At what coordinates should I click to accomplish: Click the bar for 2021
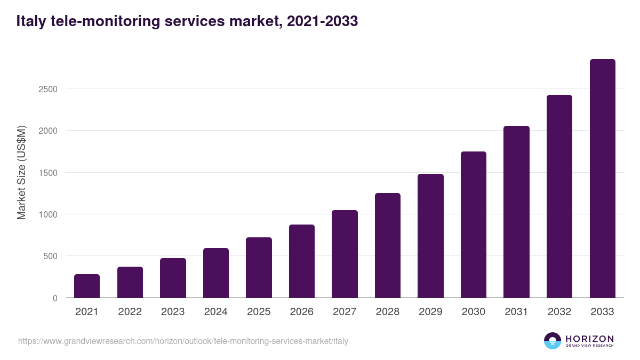(87, 286)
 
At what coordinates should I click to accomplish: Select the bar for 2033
(602, 179)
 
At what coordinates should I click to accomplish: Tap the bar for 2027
(345, 254)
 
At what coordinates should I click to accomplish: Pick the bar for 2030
(474, 225)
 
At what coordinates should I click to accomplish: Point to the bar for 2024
(216, 273)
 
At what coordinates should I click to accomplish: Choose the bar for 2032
(559, 196)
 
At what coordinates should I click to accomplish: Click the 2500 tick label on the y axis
(47, 89)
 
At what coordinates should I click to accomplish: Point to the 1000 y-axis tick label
(47, 214)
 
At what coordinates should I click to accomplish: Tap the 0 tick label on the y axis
(54, 298)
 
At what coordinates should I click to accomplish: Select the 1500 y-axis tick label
(47, 173)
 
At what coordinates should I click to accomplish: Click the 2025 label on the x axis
(259, 312)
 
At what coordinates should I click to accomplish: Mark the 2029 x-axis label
(430, 312)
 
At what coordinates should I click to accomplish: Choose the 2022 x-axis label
(130, 312)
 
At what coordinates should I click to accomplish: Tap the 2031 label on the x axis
(516, 312)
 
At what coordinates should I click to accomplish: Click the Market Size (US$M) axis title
(21, 172)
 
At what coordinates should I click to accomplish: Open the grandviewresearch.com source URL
(183, 341)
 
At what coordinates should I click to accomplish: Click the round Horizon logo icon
(553, 341)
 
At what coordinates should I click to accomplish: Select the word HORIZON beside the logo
(589, 338)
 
